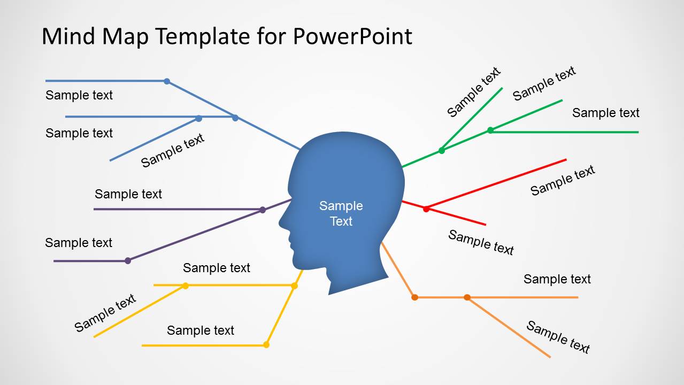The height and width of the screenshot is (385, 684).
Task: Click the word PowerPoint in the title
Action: tap(352, 36)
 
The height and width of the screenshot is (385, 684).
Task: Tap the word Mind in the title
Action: tap(68, 36)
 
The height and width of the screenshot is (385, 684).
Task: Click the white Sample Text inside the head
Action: tap(341, 213)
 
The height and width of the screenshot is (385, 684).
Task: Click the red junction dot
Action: tap(426, 209)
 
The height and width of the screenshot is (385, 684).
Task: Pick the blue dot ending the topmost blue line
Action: tap(167, 81)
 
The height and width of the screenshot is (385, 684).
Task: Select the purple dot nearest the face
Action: tap(263, 210)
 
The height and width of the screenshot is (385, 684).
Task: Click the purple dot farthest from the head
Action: tap(128, 261)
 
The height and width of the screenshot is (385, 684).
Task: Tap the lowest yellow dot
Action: tap(266, 345)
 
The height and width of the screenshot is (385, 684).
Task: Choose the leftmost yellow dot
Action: tap(186, 286)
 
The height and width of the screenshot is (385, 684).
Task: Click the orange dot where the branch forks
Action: tap(467, 297)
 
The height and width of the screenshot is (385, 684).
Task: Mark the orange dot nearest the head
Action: tap(414, 297)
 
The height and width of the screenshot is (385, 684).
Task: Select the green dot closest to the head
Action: tap(442, 150)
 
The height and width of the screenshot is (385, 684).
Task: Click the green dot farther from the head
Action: tap(490, 130)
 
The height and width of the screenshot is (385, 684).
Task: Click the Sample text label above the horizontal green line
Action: tap(606, 113)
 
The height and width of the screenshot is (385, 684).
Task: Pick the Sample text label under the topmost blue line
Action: tap(79, 95)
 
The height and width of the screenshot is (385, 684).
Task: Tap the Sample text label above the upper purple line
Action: tap(128, 194)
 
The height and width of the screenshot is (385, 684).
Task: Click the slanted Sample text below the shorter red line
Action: tap(481, 242)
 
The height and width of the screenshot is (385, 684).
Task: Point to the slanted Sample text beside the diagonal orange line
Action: tap(558, 337)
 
